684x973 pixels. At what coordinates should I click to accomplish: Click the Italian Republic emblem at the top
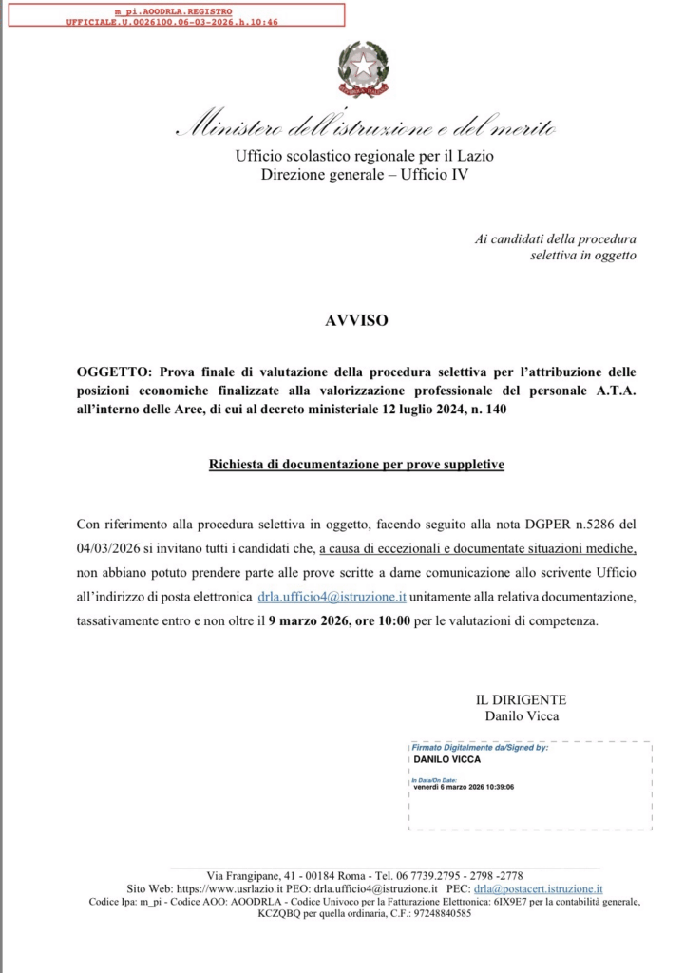coord(363,68)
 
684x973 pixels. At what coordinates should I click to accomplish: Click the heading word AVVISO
coord(356,320)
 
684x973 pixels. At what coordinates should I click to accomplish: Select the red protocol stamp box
coord(173,14)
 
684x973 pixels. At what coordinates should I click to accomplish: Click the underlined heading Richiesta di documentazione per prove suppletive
coord(356,465)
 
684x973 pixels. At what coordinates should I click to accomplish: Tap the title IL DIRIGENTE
coord(521,699)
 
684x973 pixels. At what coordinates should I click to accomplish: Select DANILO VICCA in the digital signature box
coord(447,759)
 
